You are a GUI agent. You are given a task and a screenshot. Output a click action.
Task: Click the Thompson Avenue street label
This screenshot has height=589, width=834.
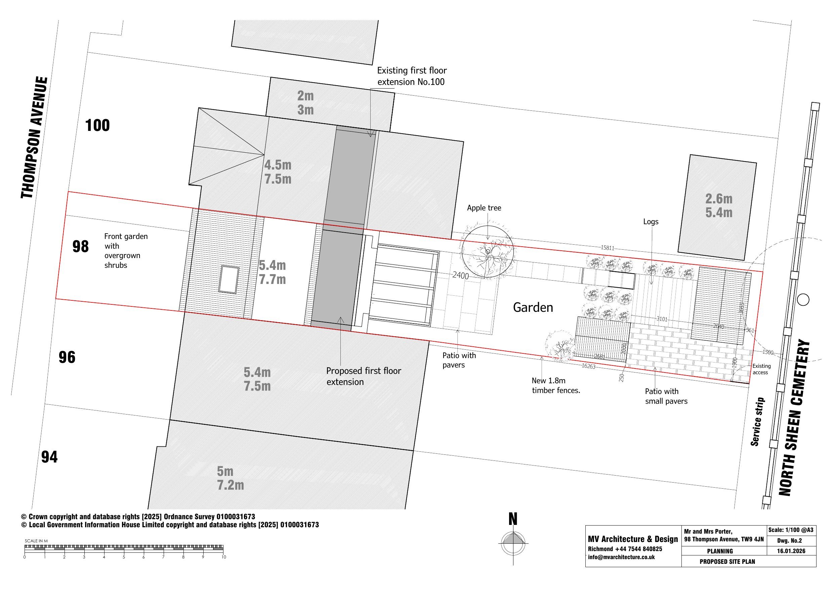[34, 138]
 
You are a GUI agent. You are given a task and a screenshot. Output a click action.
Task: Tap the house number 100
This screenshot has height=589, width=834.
[97, 126]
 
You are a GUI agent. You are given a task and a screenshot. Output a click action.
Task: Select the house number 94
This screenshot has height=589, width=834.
[49, 457]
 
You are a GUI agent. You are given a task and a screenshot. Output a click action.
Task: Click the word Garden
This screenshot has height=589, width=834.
[533, 307]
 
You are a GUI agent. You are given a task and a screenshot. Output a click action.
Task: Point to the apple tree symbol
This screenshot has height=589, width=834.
[488, 251]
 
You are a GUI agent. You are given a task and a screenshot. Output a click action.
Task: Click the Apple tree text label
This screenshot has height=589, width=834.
[484, 208]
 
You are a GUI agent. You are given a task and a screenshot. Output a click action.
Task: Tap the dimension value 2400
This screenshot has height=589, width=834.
[460, 276]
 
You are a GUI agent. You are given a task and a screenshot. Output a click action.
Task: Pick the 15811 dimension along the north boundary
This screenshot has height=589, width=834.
[607, 248]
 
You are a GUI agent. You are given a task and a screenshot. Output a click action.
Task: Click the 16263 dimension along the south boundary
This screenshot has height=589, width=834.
[588, 366]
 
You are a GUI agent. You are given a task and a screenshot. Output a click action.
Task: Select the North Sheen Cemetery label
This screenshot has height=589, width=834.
[794, 418]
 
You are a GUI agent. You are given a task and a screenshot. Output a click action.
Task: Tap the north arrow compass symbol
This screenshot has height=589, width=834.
[513, 543]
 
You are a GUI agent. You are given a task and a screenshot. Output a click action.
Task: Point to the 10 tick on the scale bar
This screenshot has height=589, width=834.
[223, 557]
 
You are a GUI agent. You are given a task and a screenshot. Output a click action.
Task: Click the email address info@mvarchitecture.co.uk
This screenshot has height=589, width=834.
[621, 557]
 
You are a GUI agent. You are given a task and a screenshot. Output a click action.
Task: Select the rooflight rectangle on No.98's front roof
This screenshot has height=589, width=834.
[229, 280]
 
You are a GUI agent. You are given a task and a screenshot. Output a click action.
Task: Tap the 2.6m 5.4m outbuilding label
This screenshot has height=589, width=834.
[718, 206]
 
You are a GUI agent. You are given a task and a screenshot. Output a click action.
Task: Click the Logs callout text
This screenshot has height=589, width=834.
[651, 222]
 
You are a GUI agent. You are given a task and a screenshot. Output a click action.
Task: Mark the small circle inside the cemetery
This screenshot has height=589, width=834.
[803, 300]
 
